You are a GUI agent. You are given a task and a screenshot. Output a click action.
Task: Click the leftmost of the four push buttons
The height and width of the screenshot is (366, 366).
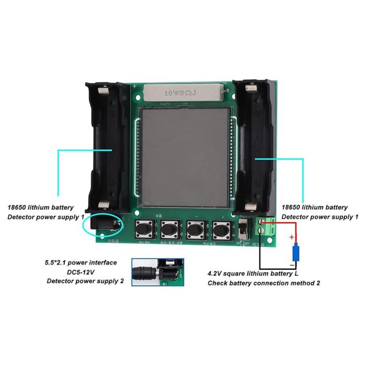click(x=144, y=229)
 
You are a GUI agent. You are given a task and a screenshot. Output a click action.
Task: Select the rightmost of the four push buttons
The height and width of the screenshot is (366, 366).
click(x=221, y=229)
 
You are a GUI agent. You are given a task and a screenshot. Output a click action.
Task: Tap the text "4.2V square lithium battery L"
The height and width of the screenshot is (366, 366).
click(x=253, y=273)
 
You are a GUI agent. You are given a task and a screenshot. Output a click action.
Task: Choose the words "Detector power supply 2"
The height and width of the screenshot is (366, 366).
click(x=85, y=281)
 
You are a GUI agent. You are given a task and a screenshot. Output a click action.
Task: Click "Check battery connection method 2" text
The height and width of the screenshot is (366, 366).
click(x=264, y=283)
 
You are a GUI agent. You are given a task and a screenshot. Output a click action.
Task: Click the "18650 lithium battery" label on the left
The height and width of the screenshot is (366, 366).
click(x=40, y=208)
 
